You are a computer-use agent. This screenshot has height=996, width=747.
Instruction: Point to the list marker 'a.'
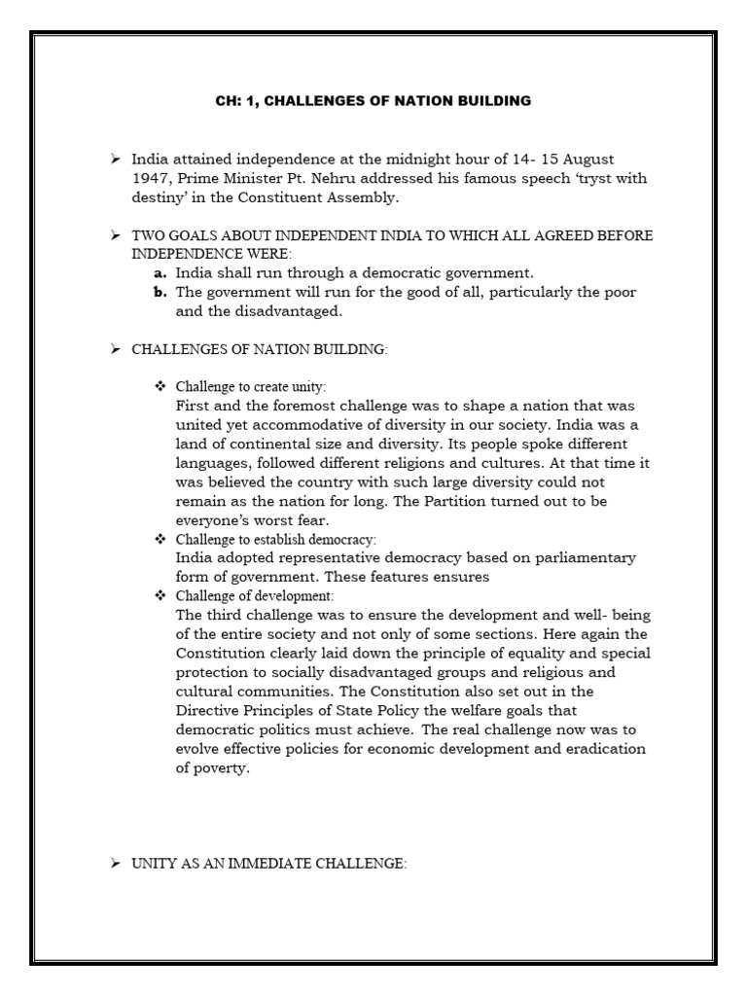tap(161, 273)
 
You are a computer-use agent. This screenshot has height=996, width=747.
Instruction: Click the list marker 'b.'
tap(161, 293)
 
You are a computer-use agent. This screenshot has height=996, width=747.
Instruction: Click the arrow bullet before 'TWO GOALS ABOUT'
tap(115, 235)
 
